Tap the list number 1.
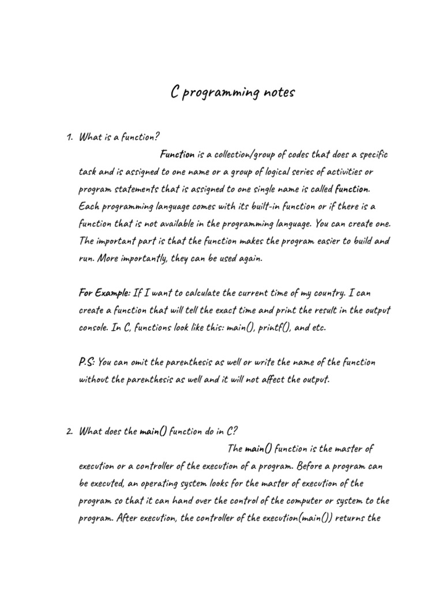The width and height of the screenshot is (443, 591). [x=69, y=137]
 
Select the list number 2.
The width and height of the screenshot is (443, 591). [x=69, y=431]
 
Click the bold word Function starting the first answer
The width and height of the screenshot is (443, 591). [x=177, y=155]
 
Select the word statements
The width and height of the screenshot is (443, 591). [x=137, y=189]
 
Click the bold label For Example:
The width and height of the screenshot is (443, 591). [x=105, y=293]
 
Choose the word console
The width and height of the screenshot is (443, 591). [x=93, y=328]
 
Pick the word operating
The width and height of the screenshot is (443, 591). [x=184, y=483]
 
